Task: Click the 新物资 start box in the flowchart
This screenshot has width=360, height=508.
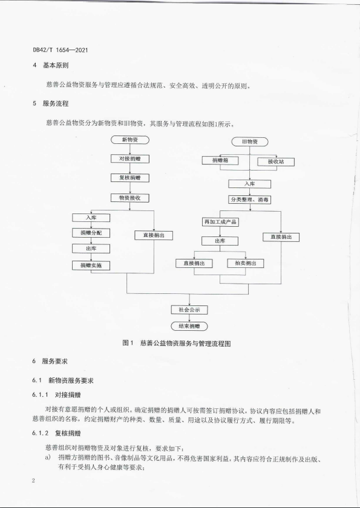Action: coord(130,140)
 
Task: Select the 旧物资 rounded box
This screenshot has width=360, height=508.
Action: coord(249,142)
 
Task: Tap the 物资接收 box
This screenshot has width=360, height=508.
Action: coord(130,198)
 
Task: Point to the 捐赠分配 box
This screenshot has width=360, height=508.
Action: coord(91,233)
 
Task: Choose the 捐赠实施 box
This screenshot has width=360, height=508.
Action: coord(91,265)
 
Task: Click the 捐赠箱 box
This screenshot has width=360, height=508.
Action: coord(220,160)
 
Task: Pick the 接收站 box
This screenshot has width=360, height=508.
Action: coord(276,161)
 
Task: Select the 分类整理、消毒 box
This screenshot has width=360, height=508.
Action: coord(249,200)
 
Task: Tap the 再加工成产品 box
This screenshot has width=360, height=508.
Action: coord(220,222)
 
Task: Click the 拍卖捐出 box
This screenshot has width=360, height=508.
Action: coord(245,263)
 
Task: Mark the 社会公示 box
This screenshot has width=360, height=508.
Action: coord(189,310)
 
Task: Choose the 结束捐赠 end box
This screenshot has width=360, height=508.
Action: coord(189,326)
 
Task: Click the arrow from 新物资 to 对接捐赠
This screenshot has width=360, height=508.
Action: coord(130,149)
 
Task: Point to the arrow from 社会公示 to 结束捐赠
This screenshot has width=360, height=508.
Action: coord(189,318)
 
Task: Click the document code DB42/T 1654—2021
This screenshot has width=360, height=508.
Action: coord(61,50)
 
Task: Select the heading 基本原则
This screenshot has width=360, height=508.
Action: coord(56,65)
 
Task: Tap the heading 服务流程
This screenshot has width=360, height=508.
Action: coord(56,103)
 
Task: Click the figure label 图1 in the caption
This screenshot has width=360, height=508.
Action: coord(128,343)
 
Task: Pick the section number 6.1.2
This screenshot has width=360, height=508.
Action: coord(40,433)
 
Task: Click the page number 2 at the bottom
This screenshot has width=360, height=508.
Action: coord(33,480)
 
